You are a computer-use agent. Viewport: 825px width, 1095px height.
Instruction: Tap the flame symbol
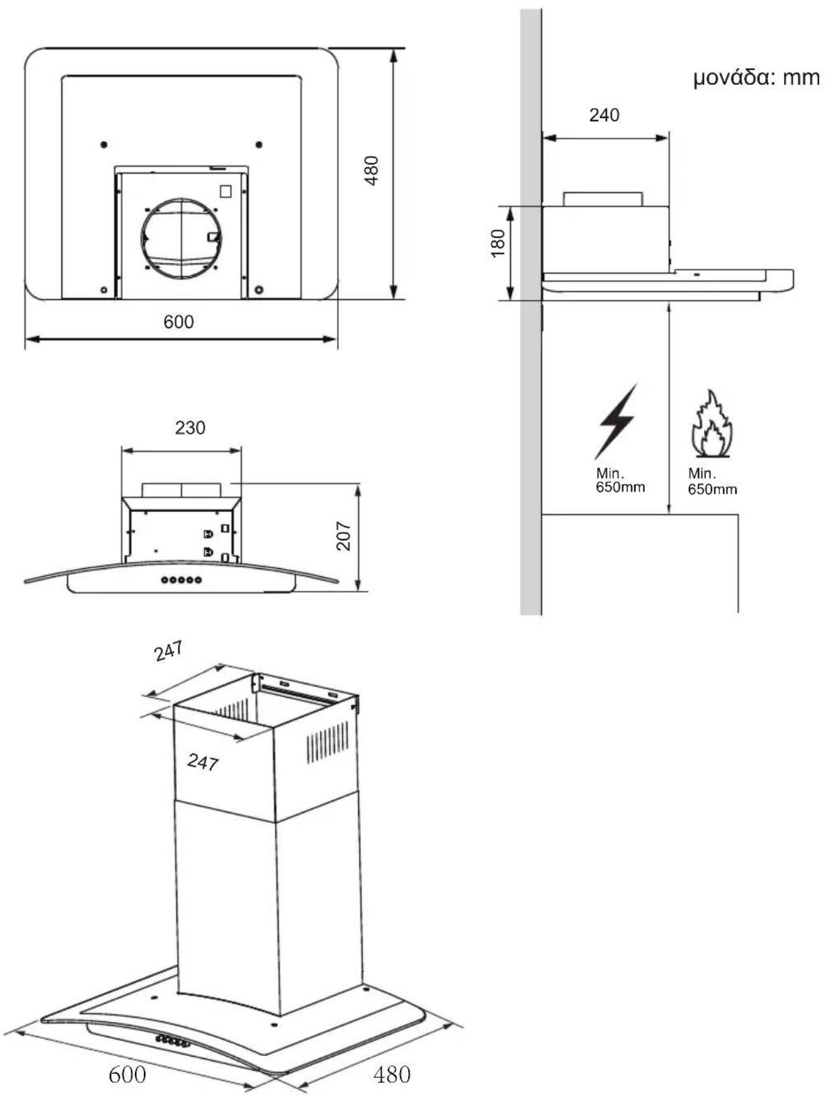click(711, 424)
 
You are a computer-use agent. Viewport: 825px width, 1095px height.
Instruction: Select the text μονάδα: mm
click(756, 78)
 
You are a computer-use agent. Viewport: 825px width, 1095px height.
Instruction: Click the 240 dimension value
click(604, 115)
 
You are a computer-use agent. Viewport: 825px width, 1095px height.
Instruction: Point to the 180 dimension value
click(498, 243)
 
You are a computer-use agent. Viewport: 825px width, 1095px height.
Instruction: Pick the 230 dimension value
click(190, 428)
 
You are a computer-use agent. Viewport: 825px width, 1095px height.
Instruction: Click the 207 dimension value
click(344, 536)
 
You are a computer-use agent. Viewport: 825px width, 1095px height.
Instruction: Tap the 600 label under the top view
click(178, 321)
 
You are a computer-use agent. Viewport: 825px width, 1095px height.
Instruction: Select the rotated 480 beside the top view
click(371, 171)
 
